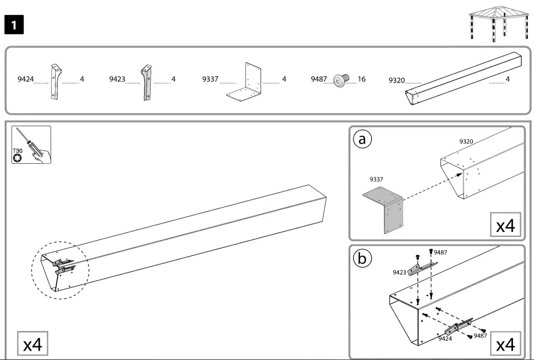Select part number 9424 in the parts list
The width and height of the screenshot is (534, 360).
(x=25, y=80)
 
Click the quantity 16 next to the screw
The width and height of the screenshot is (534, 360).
(x=361, y=79)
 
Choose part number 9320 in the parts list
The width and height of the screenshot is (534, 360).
(x=397, y=80)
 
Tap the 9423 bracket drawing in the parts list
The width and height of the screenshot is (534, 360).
(x=146, y=82)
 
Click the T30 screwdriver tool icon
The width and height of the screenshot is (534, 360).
(x=31, y=145)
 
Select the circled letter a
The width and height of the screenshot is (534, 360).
(x=362, y=140)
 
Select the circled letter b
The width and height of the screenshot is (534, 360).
(x=362, y=258)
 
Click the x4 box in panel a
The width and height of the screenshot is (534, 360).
(x=505, y=225)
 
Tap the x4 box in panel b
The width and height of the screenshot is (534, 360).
(x=505, y=345)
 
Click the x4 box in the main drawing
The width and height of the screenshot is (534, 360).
(x=32, y=345)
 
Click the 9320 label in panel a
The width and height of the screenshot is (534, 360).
(x=466, y=142)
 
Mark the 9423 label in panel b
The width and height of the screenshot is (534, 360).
(x=400, y=272)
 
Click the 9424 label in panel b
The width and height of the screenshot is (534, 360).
(x=445, y=339)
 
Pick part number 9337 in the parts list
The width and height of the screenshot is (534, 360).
(x=210, y=80)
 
